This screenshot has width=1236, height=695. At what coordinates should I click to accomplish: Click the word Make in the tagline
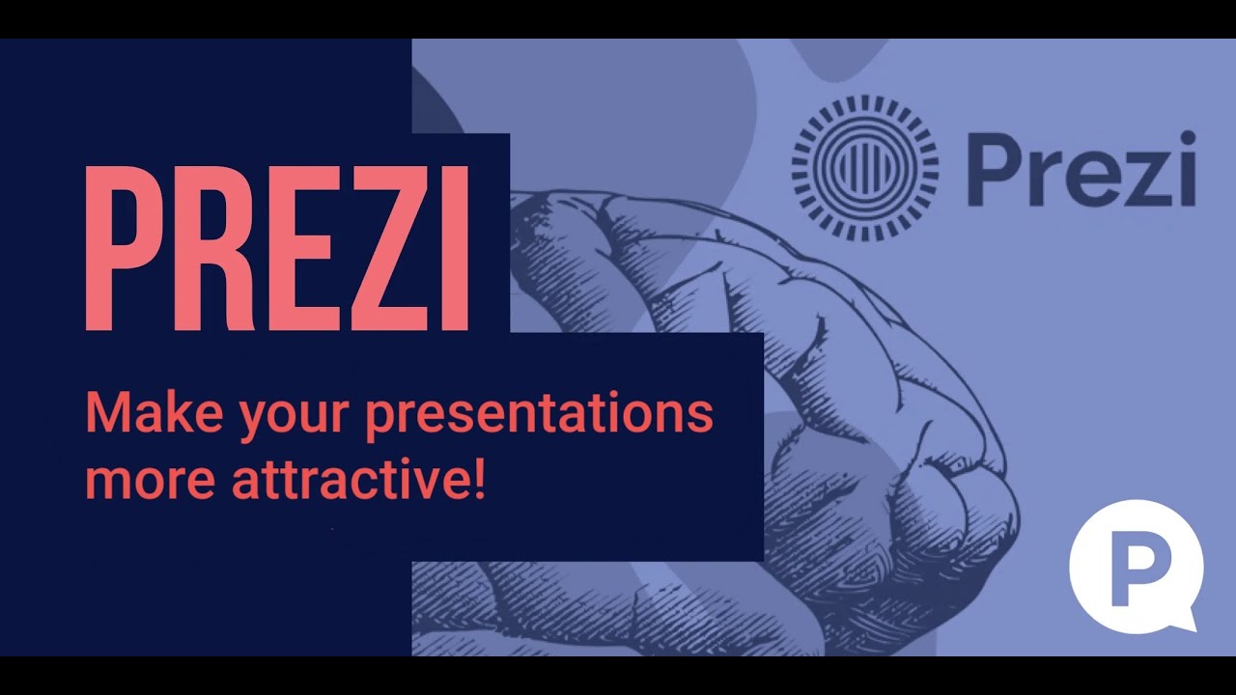(148, 413)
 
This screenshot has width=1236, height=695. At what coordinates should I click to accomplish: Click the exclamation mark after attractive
(477, 479)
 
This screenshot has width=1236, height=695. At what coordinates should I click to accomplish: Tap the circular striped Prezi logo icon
(865, 168)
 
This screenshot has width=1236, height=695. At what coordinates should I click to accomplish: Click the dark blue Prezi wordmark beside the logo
(1081, 170)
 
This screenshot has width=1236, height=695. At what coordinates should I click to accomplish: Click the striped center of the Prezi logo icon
(865, 168)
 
